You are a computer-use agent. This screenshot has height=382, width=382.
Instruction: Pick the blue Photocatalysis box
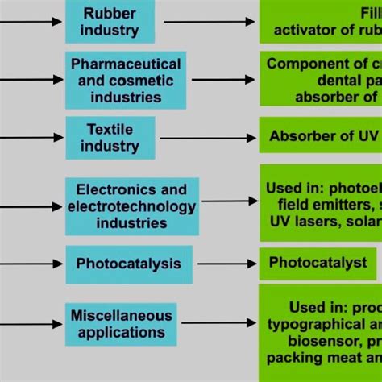128,264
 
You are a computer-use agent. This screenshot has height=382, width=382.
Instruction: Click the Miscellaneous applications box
122,323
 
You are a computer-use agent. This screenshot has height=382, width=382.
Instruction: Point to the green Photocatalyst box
318,263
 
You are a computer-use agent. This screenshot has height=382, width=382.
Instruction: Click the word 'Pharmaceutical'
126,64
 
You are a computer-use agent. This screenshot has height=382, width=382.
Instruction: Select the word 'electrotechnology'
132,207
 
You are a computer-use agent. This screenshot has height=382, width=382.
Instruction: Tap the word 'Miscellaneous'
122,315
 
